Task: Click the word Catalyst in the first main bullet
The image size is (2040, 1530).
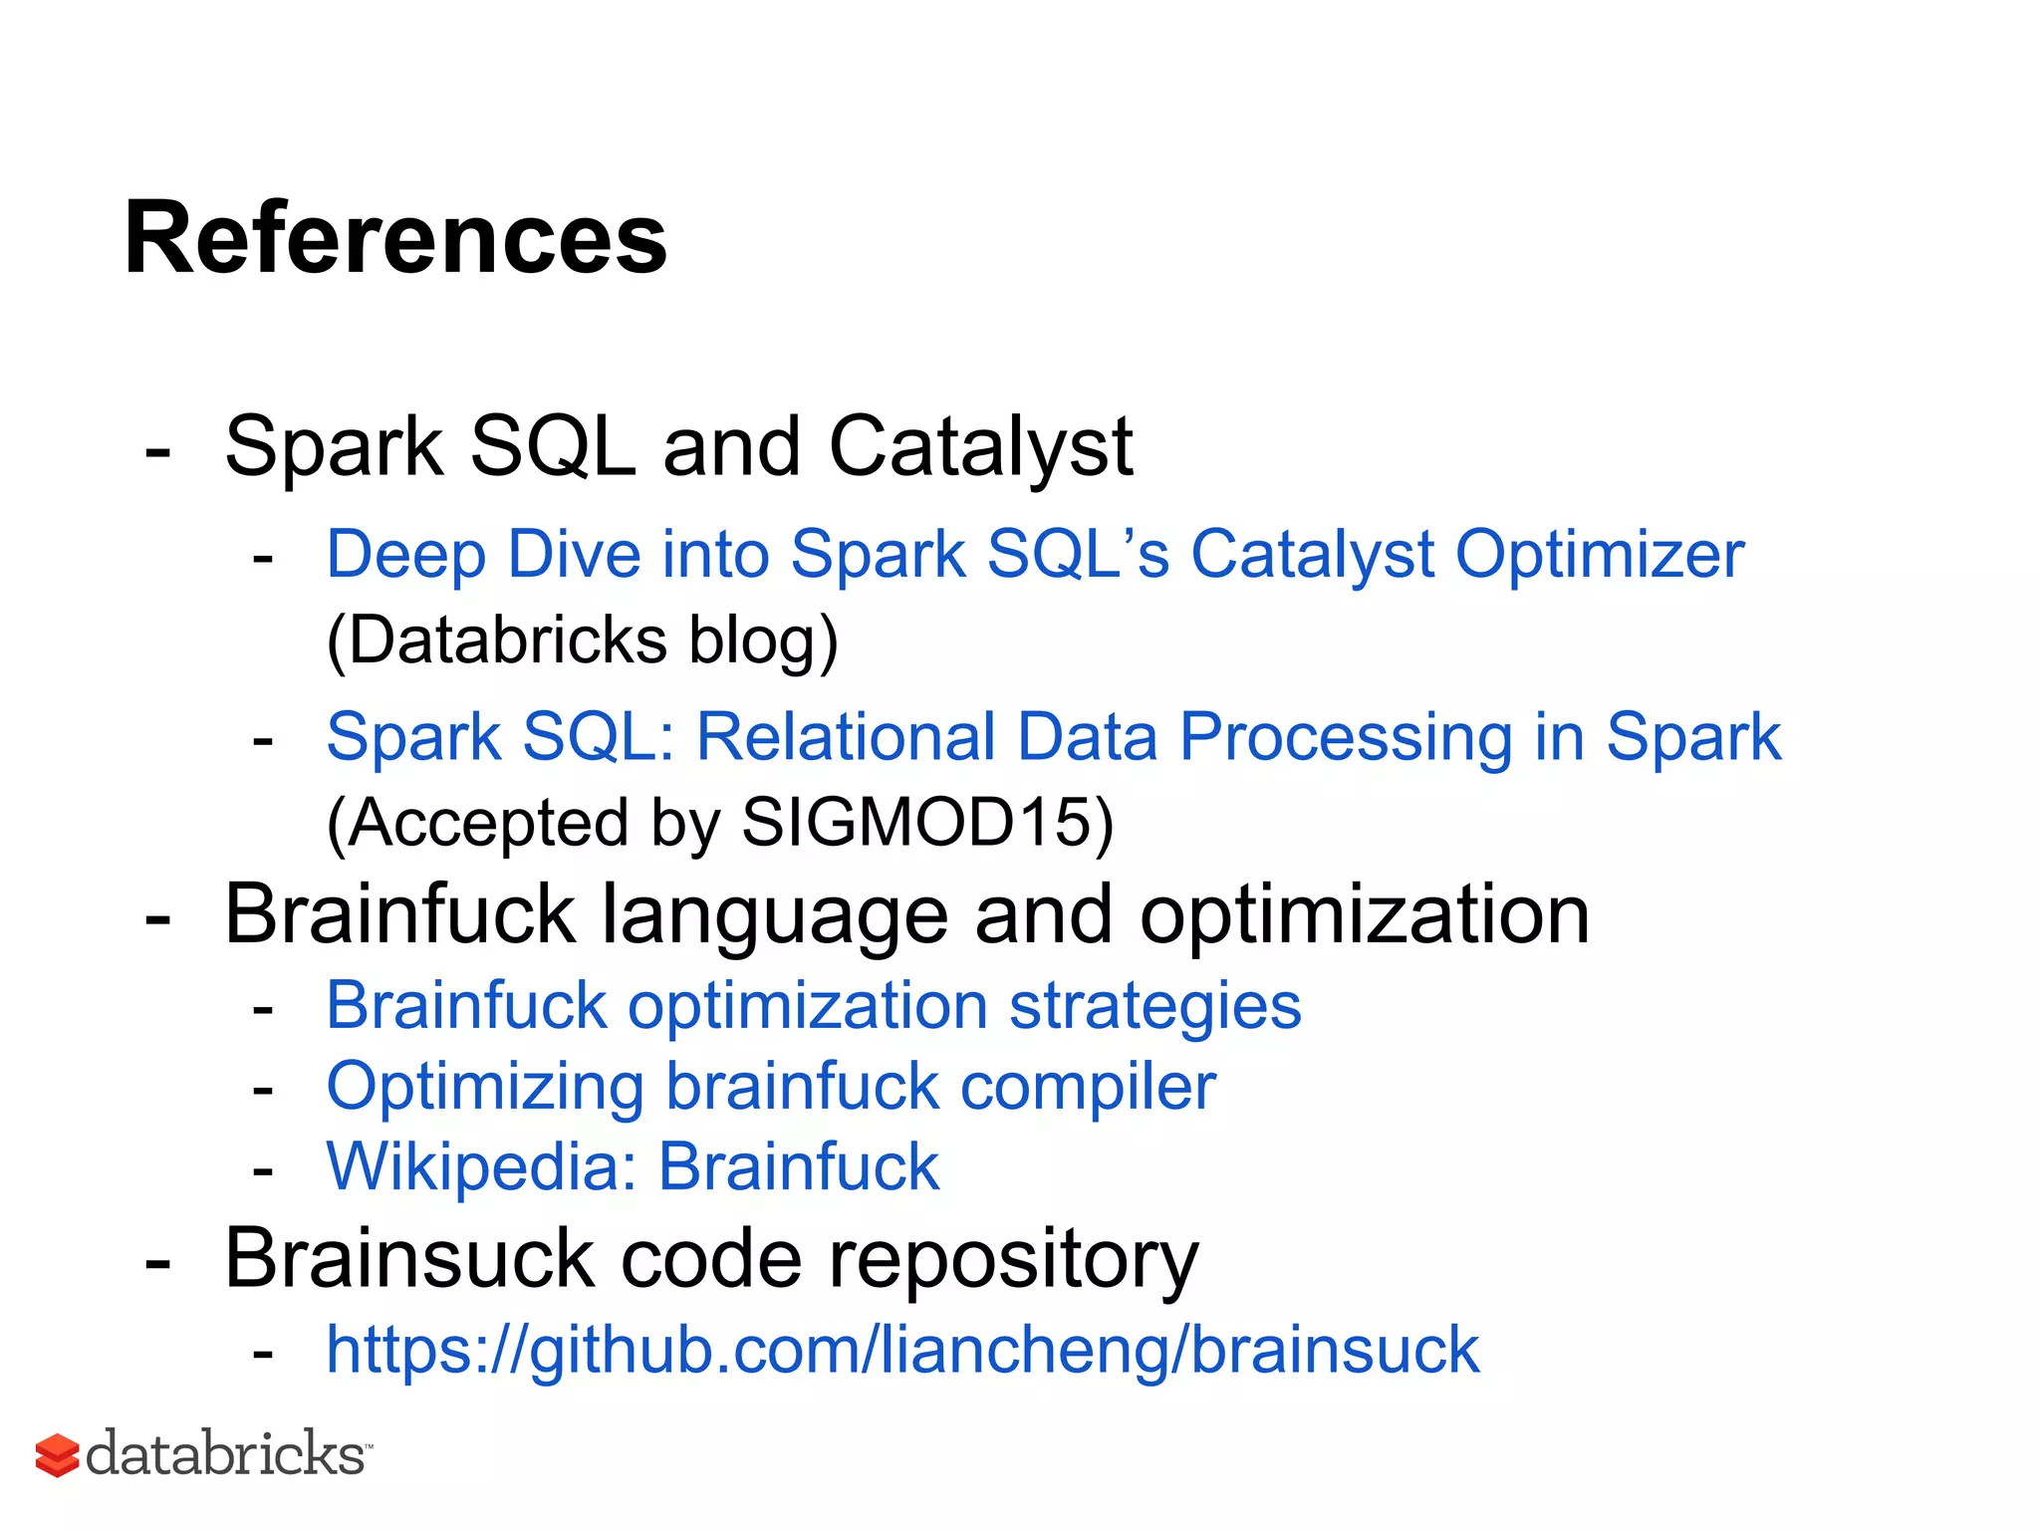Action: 980,446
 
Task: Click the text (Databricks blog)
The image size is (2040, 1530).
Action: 583,639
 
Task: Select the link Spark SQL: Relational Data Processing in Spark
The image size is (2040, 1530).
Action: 1053,737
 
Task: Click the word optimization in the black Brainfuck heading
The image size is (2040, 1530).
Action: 1365,914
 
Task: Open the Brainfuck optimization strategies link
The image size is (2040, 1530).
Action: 813,1006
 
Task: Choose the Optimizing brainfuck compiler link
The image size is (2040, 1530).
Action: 771,1086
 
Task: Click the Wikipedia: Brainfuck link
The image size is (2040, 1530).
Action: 633,1166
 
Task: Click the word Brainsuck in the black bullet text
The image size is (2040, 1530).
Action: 409,1259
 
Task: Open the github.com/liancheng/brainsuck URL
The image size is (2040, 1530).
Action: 902,1350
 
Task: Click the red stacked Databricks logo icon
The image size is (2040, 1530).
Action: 57,1455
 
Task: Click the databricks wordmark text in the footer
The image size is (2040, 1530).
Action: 226,1454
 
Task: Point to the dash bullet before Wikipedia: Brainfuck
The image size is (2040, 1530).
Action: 263,1171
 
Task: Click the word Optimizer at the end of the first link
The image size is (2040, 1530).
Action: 1599,554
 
